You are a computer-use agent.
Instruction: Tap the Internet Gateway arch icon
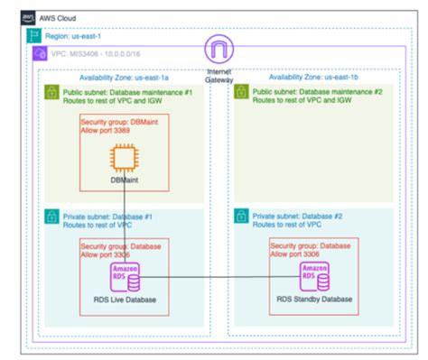coord(219,49)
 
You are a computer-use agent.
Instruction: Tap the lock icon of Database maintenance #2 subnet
coord(241,95)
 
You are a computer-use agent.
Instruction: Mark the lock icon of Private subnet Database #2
coord(241,217)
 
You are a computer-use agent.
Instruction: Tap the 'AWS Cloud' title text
coord(54,15)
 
